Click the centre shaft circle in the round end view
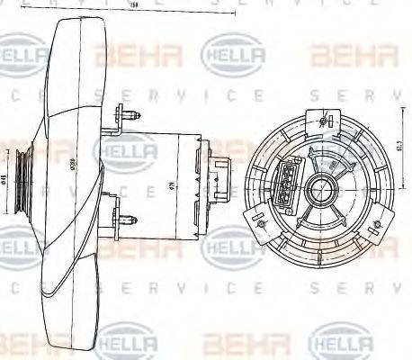323,188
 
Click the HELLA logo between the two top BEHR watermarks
234,56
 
